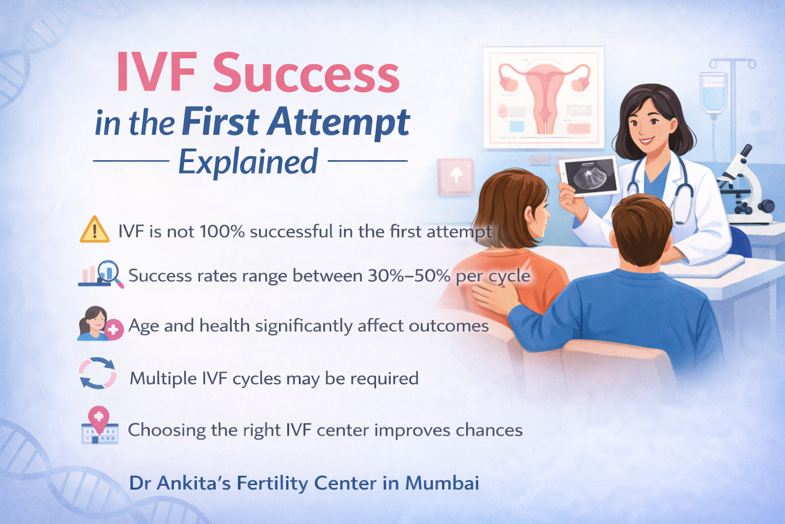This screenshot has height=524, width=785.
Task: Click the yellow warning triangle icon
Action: [x=95, y=230]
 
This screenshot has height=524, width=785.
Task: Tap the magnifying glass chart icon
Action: [x=102, y=274]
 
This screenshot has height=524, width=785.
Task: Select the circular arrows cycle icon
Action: [x=98, y=373]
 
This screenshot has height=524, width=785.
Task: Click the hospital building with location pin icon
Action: [x=100, y=426]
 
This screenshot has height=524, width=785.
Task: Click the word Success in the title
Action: [x=306, y=74]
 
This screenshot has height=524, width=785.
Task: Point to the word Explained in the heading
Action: [x=248, y=162]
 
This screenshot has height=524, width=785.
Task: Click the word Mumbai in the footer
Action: [x=442, y=483]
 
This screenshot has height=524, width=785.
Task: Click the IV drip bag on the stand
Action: [x=713, y=92]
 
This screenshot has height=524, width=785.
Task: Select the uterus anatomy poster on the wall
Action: [x=543, y=97]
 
